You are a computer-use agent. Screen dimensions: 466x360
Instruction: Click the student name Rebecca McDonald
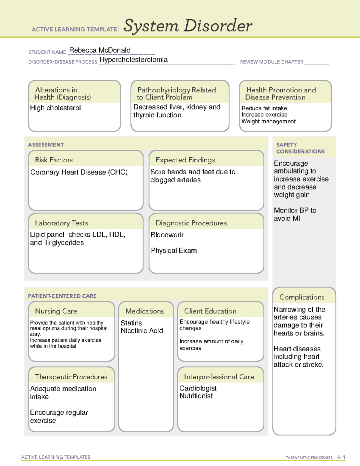coord(100,50)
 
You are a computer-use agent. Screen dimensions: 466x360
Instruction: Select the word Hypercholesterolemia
coord(133,60)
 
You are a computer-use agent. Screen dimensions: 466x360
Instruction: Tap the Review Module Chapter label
coord(271,62)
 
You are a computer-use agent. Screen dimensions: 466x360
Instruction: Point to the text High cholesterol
coord(55,108)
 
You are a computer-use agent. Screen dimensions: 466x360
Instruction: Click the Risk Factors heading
coord(54,160)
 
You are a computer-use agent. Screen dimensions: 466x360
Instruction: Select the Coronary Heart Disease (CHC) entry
coord(79,172)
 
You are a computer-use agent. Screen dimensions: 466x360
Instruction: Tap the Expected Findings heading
coord(185,160)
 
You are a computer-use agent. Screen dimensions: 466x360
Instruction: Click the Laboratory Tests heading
coord(61,223)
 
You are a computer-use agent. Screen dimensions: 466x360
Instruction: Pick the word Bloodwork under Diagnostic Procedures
coord(167,235)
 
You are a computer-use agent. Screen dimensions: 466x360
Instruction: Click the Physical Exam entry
coord(174,251)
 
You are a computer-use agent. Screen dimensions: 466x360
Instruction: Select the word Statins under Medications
coord(131,323)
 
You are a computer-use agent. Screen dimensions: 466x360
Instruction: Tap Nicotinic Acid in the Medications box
coord(142,331)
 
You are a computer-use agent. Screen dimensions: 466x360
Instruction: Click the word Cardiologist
coord(198,388)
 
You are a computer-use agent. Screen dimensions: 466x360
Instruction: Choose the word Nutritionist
coord(196,396)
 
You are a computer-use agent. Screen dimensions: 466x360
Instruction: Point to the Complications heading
coord(302,297)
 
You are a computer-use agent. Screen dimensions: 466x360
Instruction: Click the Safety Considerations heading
coord(300,148)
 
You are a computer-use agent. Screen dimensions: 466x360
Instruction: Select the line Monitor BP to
coord(295,210)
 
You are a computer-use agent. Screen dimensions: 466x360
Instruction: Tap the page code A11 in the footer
coord(341,457)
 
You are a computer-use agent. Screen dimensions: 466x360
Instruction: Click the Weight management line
coord(268,122)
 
